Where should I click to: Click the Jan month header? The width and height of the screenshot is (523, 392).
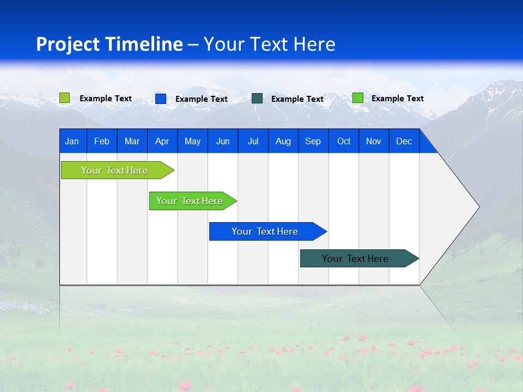(72, 141)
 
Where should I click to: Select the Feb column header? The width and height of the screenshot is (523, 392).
(102, 141)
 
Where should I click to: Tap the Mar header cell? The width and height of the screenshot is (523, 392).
(132, 141)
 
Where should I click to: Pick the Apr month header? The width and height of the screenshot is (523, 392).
(162, 141)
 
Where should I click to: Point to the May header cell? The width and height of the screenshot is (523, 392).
(192, 141)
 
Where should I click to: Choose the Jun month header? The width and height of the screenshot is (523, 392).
(223, 141)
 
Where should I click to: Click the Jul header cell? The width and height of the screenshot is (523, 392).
(253, 141)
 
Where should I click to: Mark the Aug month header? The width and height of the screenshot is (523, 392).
(283, 141)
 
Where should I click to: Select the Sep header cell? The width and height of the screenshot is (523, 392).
(313, 141)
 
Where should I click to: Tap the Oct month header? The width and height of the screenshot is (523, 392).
(344, 141)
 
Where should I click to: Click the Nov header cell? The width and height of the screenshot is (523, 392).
(374, 141)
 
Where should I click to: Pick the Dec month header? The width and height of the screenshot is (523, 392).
(404, 141)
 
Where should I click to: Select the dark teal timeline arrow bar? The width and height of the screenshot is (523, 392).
(356, 259)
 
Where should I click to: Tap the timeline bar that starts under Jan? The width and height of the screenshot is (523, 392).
(115, 170)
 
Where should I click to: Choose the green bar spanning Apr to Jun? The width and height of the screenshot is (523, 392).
(190, 201)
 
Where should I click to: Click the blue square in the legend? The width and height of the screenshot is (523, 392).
(161, 99)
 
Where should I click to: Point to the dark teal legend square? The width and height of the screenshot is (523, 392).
(257, 99)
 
